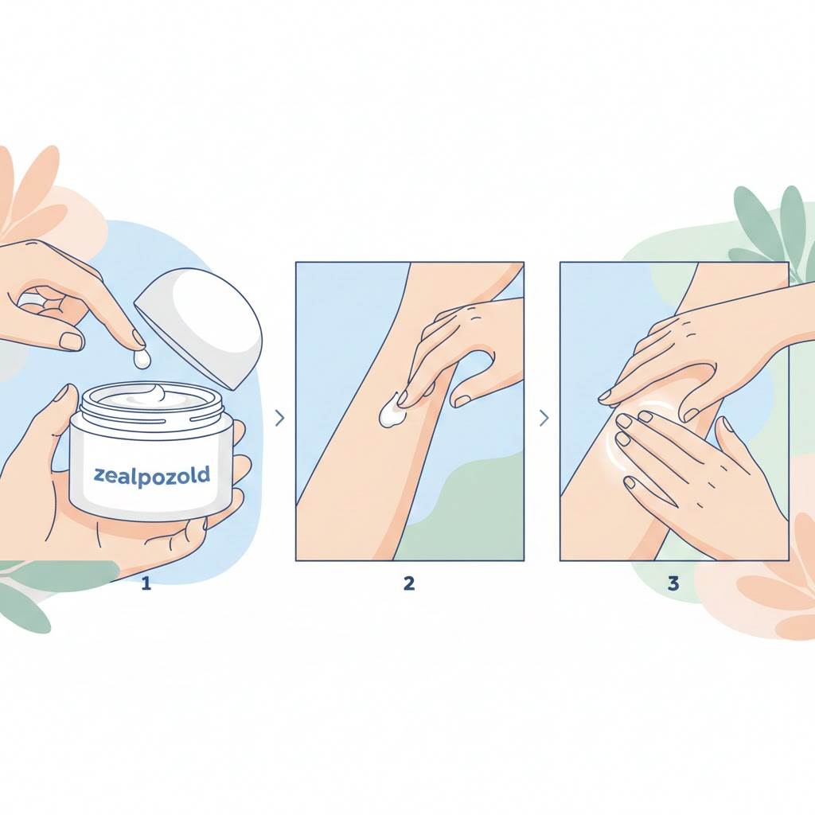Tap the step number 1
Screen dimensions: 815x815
146,583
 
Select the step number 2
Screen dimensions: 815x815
409,583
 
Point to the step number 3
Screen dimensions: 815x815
673,583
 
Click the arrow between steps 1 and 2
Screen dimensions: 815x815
279,418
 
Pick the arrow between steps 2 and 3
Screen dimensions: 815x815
544,418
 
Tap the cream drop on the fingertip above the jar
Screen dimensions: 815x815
142,359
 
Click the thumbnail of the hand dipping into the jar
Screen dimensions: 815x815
72,341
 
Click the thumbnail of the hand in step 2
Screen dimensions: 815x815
462,401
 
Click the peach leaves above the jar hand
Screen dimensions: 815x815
31,193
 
